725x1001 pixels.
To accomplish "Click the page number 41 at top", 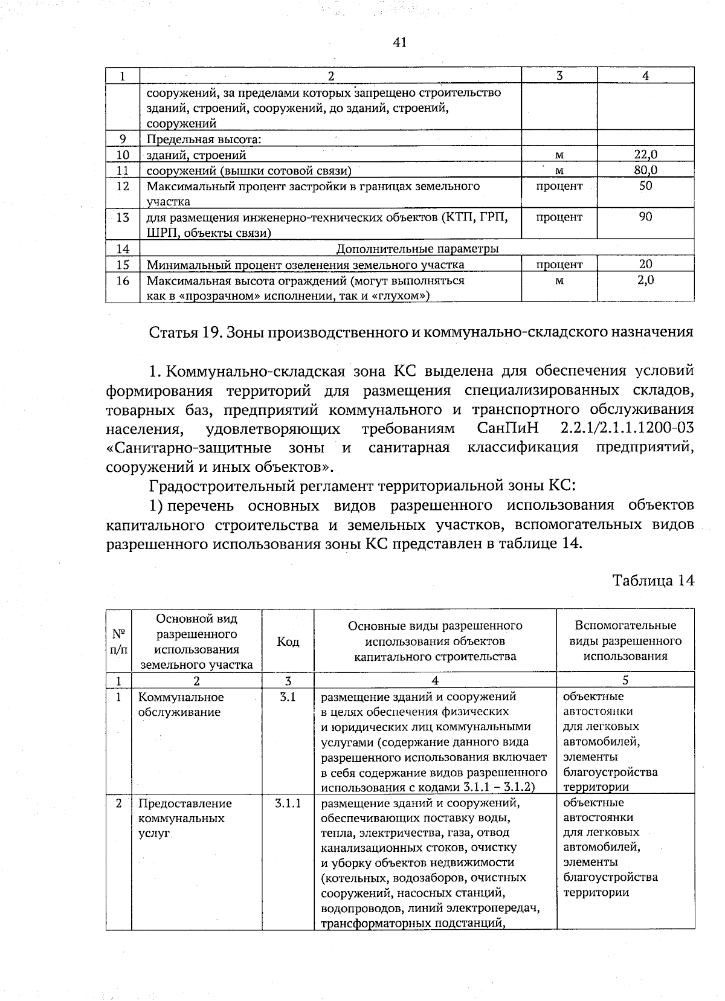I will coord(399,42).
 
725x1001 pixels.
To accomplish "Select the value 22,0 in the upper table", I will coord(645,155).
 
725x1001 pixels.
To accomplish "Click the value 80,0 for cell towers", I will coord(645,170).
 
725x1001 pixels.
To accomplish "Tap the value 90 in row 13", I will coord(645,216).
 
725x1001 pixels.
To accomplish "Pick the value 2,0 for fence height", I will coord(645,280).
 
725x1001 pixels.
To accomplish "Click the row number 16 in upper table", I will coord(123,280).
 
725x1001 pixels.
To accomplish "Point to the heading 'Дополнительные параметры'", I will coord(417,249).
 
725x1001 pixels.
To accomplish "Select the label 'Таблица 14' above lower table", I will coord(653,581).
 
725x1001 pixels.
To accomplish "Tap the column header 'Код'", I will coord(288,642).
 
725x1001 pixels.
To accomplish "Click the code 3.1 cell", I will coord(288,697).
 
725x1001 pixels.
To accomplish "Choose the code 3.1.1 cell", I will coord(288,803).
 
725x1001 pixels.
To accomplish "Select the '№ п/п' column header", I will coord(118,642).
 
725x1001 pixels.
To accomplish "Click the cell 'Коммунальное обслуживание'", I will coord(180,704).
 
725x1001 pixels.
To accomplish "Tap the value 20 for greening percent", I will coord(645,264).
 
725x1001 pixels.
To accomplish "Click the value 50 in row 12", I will coord(645,186).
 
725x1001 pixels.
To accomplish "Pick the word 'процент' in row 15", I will coord(559,265).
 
